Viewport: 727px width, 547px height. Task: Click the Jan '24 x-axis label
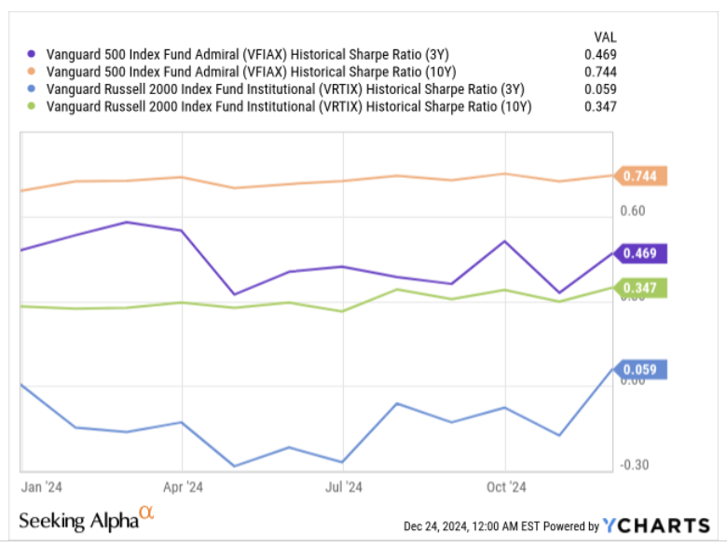point(41,486)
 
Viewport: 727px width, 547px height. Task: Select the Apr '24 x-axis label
point(183,486)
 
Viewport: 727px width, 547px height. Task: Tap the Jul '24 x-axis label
point(344,486)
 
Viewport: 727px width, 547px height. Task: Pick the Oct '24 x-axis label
point(506,486)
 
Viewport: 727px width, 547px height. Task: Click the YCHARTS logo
point(656,526)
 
